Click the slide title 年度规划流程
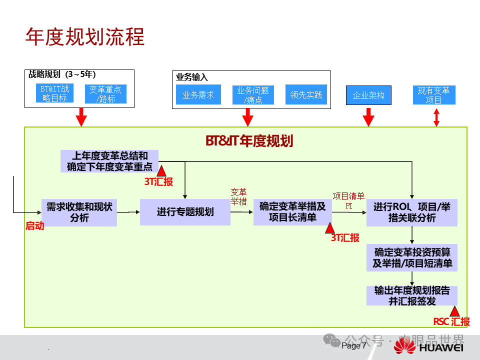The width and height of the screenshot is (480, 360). [85, 37]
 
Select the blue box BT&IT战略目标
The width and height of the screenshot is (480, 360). [54, 93]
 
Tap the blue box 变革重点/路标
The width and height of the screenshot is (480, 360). [105, 94]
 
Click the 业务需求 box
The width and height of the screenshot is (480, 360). [198, 94]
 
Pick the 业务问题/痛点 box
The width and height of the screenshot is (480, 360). [252, 95]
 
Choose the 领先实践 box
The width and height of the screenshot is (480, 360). [306, 94]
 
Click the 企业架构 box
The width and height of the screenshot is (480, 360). [368, 95]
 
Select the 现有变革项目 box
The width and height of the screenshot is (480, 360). [434, 95]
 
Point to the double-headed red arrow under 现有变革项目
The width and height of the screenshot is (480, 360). [436, 117]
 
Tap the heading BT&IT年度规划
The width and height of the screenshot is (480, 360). [249, 141]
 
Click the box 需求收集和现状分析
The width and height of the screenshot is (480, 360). [79, 212]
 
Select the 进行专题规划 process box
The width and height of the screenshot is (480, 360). [185, 212]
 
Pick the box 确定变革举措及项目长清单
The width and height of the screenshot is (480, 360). [292, 212]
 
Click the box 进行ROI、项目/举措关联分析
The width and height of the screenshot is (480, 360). [411, 212]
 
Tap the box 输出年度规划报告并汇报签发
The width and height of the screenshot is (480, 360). [411, 295]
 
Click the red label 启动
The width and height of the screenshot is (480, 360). [35, 226]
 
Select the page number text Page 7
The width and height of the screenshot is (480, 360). [354, 345]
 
